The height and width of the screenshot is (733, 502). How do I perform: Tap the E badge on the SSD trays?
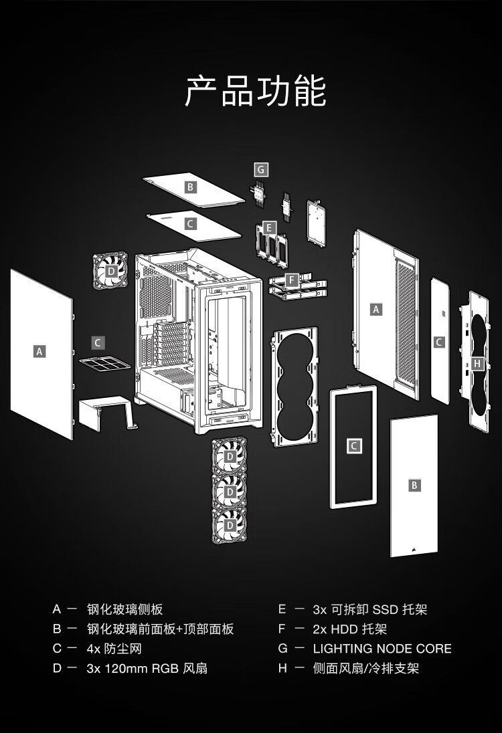coord(269,228)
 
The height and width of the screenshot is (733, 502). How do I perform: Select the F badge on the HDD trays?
coord(291,280)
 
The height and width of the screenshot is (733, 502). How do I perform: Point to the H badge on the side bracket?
coord(477,364)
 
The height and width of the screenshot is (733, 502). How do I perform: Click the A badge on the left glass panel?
coord(39,350)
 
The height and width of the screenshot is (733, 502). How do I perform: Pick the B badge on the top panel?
coord(191,187)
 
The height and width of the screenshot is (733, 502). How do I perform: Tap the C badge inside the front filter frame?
coord(355,445)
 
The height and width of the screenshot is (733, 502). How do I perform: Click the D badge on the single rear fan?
coord(111,271)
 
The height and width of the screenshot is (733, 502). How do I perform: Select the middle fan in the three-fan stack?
coord(230,492)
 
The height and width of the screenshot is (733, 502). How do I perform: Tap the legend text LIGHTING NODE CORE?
coord(382,649)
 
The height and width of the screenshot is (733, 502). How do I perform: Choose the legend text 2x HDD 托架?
coord(349,629)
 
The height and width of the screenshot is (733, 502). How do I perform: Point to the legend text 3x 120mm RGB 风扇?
coord(147,668)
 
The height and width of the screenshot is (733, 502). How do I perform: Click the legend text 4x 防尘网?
coord(114,649)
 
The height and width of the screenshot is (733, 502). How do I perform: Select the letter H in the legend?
coord(282,668)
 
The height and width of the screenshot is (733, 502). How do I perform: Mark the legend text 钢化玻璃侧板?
coord(124,609)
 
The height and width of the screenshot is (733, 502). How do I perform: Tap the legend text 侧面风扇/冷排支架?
coord(365,668)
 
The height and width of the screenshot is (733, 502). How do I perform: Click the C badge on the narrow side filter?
coord(439,342)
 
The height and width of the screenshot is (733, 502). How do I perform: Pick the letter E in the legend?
coord(282,609)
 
